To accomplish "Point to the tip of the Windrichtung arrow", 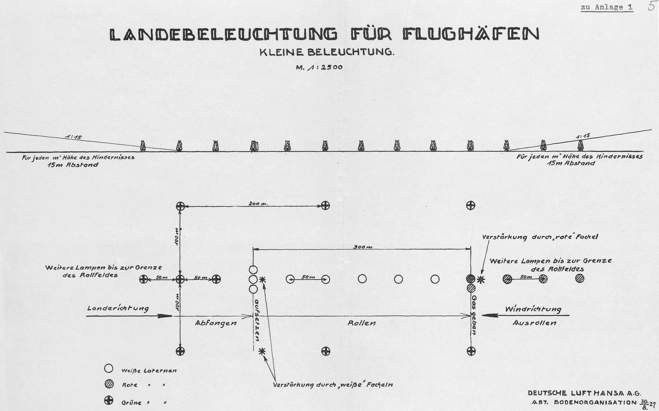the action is tap(481, 315).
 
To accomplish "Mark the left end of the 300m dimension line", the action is tap(253, 248).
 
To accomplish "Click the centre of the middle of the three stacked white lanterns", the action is tap(253, 279).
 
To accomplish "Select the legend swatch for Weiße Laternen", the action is tap(109, 368).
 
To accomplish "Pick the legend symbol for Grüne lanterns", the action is tap(109, 400).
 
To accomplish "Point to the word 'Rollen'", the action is tap(362, 323).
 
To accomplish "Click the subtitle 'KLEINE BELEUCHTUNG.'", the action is tap(327, 52).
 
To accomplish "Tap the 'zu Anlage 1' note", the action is tap(607, 7).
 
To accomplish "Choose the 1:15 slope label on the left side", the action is tap(73, 137).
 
